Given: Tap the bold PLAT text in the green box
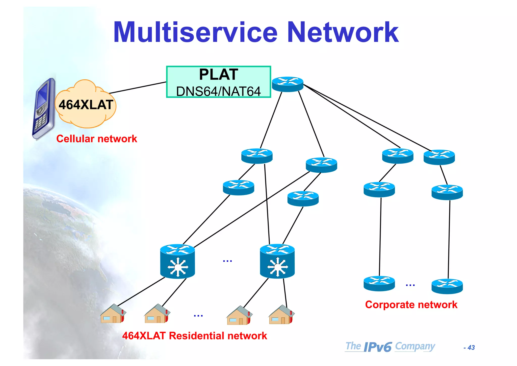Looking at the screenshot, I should (218, 75).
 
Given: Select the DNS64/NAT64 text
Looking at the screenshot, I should (218, 91).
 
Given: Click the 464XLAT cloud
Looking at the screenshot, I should (86, 105).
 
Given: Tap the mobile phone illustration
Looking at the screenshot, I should (44, 109).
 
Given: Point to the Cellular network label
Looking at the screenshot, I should (96, 139).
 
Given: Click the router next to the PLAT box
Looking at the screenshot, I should (288, 84).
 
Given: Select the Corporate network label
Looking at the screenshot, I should (411, 305).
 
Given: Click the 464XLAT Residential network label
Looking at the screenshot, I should (194, 336).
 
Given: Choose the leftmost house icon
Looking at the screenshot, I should (113, 314).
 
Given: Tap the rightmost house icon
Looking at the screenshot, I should (281, 315).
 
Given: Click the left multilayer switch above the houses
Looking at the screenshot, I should (177, 261).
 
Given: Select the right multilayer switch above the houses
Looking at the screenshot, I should (277, 261).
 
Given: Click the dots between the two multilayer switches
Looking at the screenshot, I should (227, 261).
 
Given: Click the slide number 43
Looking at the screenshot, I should (471, 348).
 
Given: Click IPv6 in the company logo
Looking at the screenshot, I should (378, 347).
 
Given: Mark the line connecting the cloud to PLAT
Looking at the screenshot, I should (138, 88).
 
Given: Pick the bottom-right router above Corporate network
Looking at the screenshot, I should (447, 286).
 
